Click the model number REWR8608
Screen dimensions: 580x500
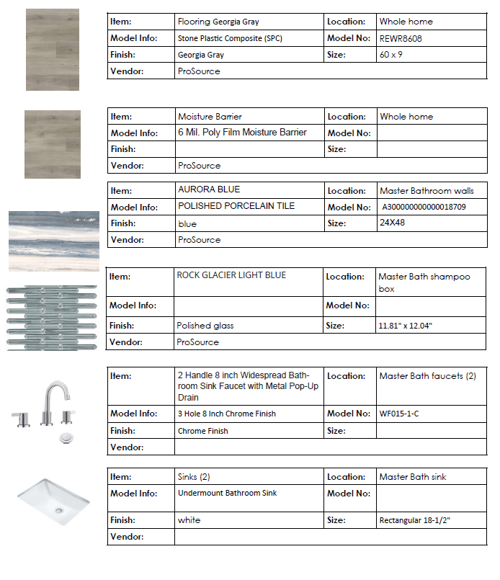[401, 39]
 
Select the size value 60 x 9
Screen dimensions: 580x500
[393, 55]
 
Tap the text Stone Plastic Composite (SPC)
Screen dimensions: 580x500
[233, 39]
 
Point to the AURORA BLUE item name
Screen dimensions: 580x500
[209, 189]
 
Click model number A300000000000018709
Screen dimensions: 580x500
[424, 207]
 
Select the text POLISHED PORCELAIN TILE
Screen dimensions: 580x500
[236, 206]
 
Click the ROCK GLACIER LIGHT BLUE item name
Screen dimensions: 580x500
[231, 275]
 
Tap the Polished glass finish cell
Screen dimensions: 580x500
[205, 326]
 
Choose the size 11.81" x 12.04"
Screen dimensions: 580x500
[406, 326]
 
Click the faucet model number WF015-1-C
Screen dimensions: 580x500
[398, 414]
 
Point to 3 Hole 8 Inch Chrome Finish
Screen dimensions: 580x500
[226, 414]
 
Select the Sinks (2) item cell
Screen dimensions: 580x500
[194, 476]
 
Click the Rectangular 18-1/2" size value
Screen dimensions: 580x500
[415, 520]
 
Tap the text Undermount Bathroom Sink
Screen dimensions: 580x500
[227, 494]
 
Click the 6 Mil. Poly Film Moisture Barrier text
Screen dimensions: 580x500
[242, 133]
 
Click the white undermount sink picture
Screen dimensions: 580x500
[55, 498]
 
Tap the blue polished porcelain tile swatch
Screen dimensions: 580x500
[54, 241]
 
